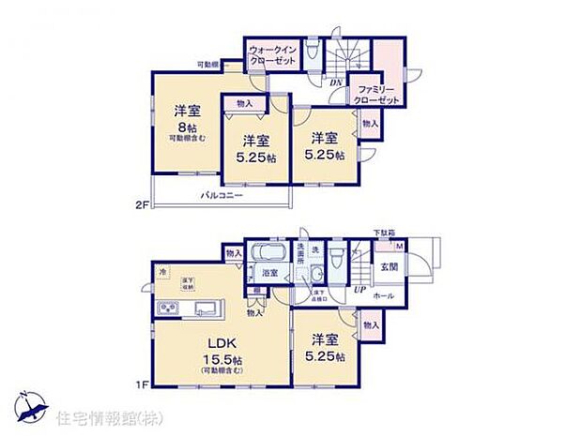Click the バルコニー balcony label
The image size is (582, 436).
click(x=222, y=197)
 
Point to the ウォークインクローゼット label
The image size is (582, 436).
click(x=273, y=54)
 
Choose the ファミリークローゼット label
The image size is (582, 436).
click(x=377, y=95)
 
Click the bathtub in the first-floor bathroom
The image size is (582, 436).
click(x=270, y=255)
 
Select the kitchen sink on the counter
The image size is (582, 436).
click(x=204, y=309)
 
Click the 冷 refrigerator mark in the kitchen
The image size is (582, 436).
click(x=162, y=272)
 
